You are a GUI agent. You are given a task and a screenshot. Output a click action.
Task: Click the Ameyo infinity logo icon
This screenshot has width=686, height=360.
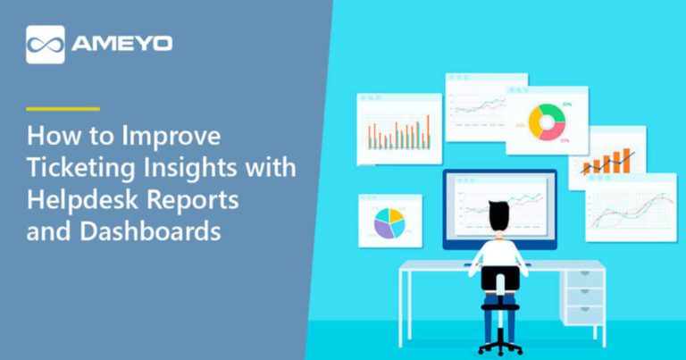pyautogui.click(x=46, y=44)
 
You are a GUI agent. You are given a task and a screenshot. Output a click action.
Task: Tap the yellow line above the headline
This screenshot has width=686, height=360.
pyautogui.click(x=63, y=109)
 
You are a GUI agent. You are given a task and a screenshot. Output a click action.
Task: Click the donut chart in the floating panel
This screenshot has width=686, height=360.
pyautogui.click(x=546, y=122)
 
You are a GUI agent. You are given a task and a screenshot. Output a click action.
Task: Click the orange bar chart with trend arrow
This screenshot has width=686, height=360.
pyautogui.click(x=607, y=162)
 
